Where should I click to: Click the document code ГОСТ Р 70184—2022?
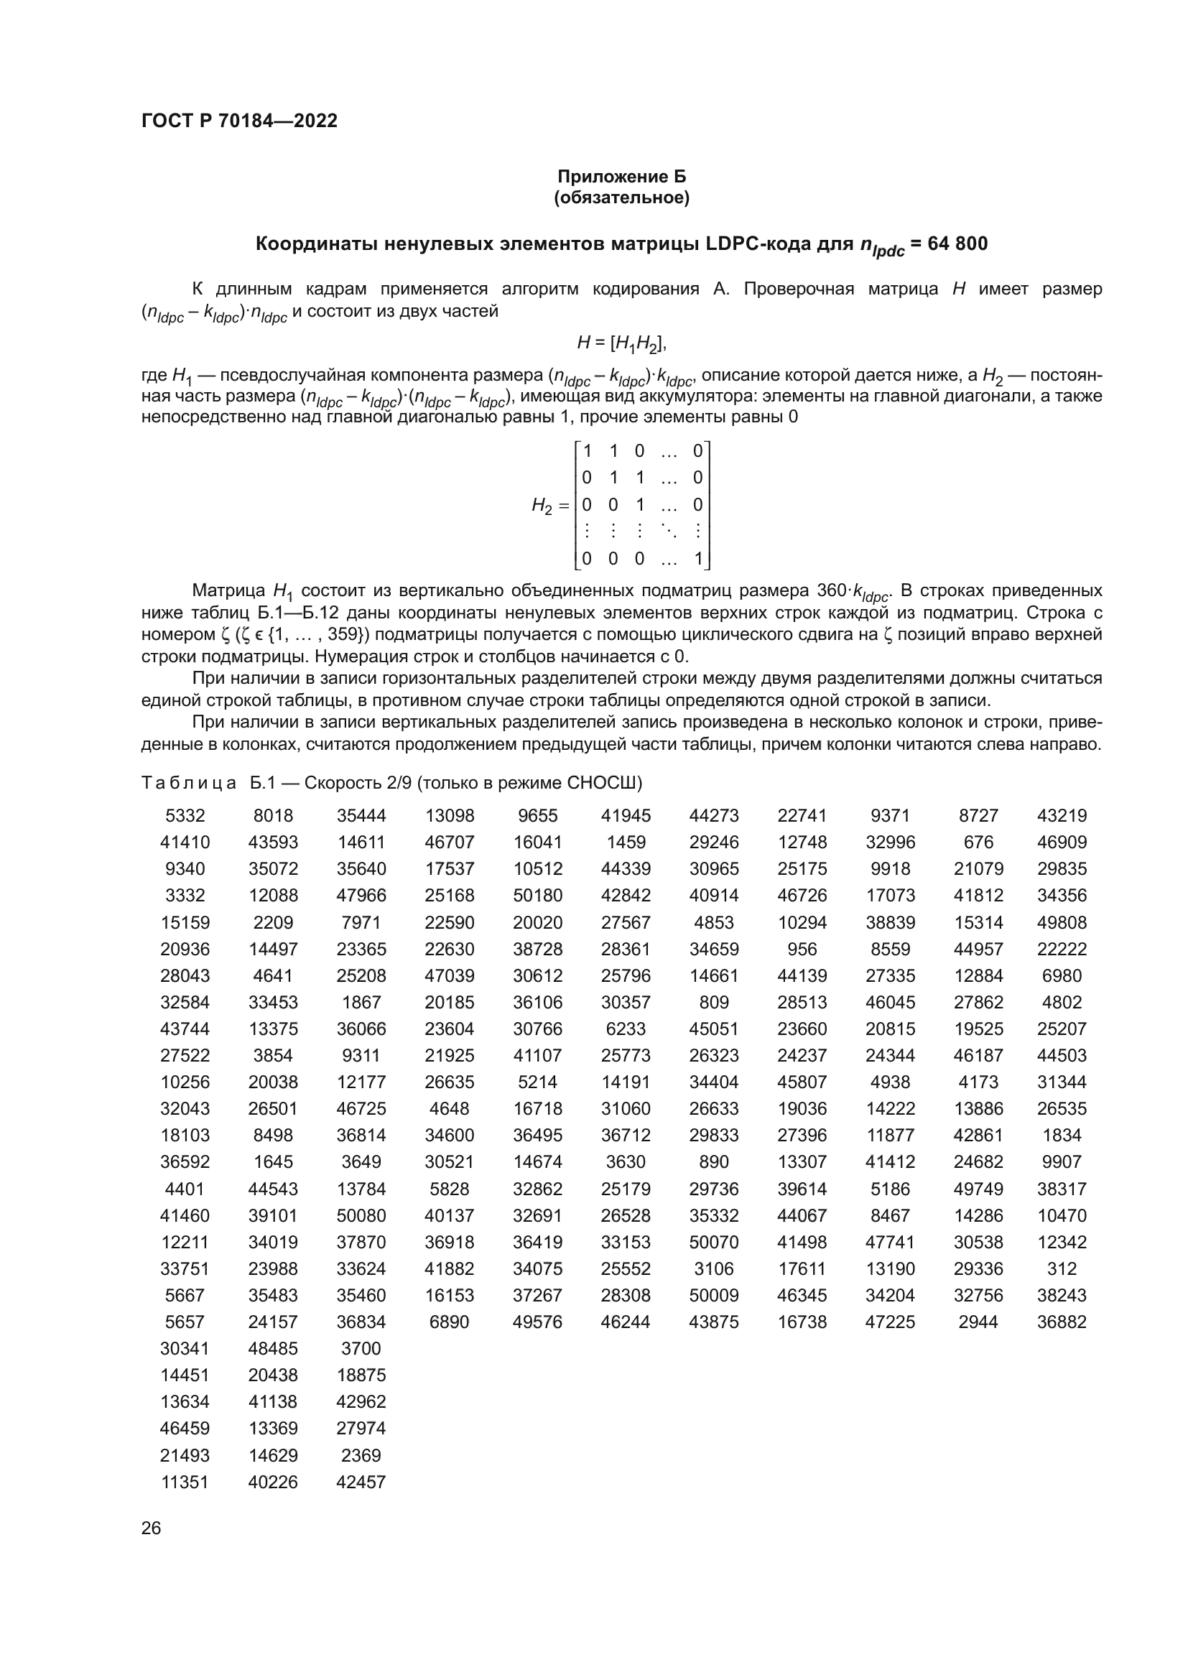point(239,121)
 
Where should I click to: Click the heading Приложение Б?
point(622,177)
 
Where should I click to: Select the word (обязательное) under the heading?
point(622,198)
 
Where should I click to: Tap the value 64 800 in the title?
point(957,243)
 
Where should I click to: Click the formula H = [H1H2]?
point(622,342)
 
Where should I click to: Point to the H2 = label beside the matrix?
point(550,505)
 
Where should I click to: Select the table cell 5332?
point(185,815)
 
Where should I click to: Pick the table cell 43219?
point(1062,815)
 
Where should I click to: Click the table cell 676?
point(978,843)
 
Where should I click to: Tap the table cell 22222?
point(1062,949)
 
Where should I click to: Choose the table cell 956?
point(802,949)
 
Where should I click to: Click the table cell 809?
point(713,1002)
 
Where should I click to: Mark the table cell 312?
point(1062,1268)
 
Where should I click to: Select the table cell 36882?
point(1062,1322)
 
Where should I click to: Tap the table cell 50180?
point(537,895)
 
